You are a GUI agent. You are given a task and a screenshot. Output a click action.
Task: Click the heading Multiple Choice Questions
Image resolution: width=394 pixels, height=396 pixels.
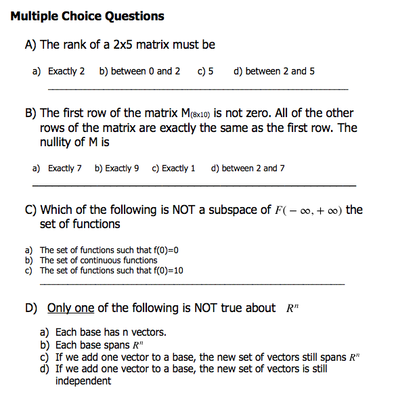click(87, 16)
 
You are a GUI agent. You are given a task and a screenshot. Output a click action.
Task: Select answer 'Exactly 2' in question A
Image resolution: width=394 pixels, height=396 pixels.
click(66, 71)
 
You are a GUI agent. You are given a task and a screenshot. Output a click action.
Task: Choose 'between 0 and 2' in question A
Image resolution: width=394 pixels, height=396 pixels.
click(145, 71)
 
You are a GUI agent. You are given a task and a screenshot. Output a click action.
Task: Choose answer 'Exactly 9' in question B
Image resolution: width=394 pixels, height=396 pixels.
click(123, 169)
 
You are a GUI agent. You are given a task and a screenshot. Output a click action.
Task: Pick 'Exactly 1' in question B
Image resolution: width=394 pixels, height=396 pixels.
click(178, 169)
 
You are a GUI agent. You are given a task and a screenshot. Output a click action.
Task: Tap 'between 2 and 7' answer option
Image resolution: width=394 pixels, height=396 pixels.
click(253, 169)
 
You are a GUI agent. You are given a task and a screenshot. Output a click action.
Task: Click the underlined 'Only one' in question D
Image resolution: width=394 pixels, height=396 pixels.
click(70, 308)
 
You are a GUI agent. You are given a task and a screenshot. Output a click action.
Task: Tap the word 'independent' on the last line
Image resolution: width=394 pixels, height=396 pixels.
click(83, 381)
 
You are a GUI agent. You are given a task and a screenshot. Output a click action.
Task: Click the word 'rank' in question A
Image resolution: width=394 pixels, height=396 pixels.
click(77, 45)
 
